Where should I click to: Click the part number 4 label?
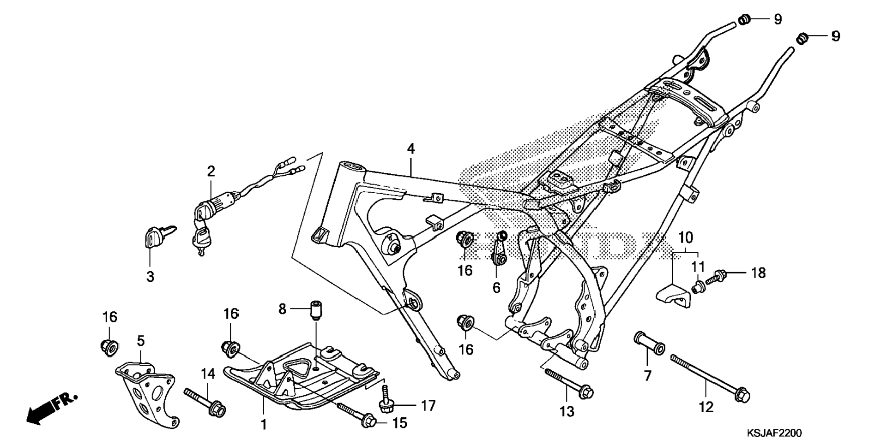[x=410, y=149]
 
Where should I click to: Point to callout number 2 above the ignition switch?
[x=211, y=172]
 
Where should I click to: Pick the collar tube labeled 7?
[x=650, y=343]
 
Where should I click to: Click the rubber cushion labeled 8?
[x=316, y=309]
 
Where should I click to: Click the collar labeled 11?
[x=697, y=286]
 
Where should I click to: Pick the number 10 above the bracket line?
[x=685, y=238]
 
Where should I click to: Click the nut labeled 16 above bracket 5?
[x=109, y=347]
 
